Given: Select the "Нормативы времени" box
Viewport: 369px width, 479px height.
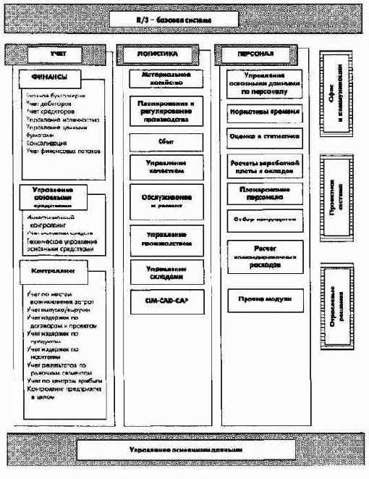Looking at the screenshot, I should click(264, 114).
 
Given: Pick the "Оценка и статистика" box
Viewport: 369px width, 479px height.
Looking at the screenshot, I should click(264, 136).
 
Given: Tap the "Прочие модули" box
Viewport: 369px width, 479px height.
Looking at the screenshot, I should click(264, 299).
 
